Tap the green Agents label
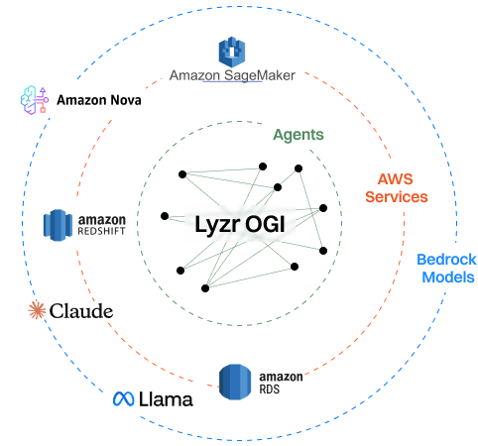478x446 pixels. click(298, 135)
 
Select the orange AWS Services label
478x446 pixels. click(396, 187)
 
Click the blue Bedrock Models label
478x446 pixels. click(445, 268)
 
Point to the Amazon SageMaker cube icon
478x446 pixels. click(231, 51)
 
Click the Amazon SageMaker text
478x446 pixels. click(232, 76)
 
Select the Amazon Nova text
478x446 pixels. click(98, 100)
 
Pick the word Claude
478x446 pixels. click(80, 311)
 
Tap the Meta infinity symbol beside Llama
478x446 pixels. click(123, 399)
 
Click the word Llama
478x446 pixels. click(166, 399)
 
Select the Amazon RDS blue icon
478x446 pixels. click(236, 382)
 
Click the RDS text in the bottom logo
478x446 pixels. click(270, 390)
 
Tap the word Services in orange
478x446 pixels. click(396, 197)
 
